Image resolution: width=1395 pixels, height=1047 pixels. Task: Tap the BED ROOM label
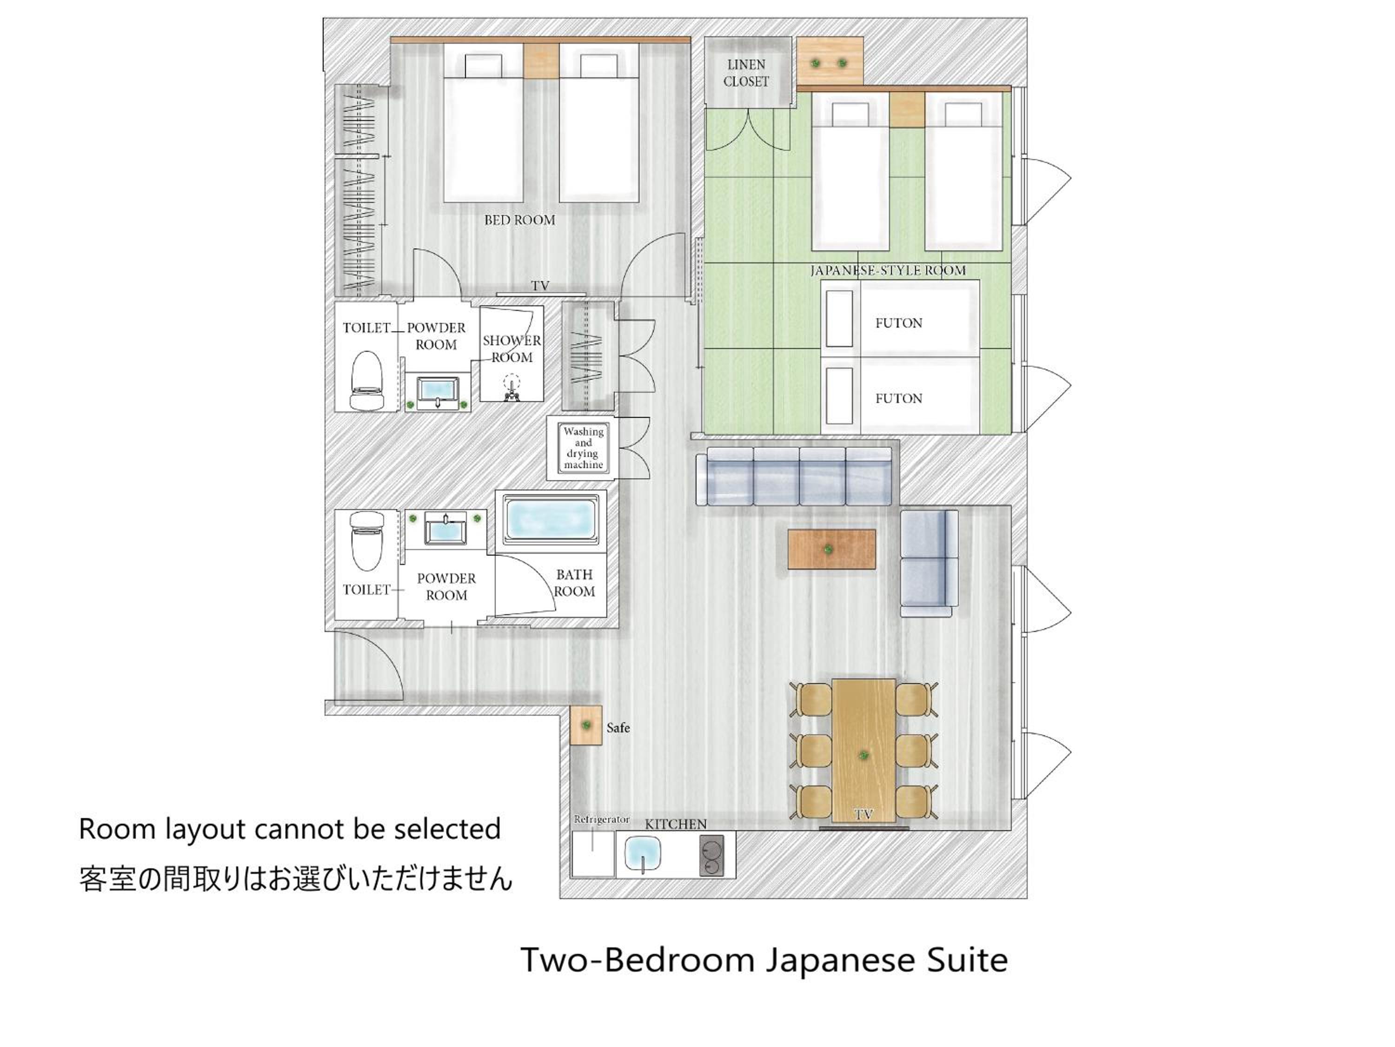520,220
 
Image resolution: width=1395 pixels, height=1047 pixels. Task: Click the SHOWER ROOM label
511,349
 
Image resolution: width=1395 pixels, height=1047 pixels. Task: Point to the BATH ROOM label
574,583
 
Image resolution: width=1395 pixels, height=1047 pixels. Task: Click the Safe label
618,728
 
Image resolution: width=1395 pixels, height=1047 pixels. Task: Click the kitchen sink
643,854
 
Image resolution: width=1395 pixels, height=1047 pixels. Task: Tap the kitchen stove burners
712,854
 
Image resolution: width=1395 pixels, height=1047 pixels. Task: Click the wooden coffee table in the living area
831,549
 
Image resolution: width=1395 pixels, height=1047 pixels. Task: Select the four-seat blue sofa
794,476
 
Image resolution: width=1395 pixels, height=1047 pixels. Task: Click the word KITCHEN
676,824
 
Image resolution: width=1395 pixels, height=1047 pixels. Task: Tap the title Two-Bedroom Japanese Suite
764,960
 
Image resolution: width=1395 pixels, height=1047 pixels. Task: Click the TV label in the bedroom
540,286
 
